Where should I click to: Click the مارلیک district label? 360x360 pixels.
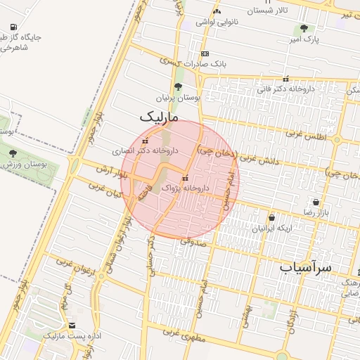(160, 115)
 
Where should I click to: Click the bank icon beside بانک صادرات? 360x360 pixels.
(205, 53)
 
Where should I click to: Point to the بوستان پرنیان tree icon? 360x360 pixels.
(177, 87)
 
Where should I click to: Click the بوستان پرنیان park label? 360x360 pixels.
(178, 98)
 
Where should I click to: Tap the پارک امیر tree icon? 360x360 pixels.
(303, 29)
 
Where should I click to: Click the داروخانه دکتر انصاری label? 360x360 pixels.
(146, 150)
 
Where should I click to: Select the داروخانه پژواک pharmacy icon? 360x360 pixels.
(185, 178)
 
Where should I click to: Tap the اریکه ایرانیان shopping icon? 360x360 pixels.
(272, 218)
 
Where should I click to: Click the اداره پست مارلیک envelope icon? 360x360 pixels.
(72, 326)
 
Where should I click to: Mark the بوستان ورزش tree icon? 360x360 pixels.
(12, 153)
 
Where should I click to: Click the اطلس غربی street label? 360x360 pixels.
(307, 134)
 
